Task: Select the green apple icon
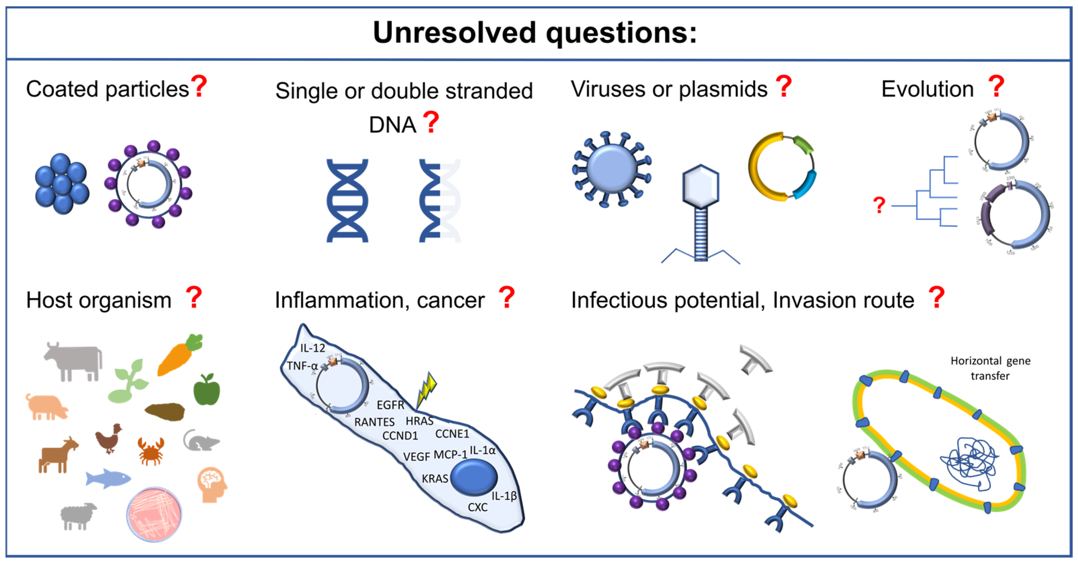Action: point(206,390)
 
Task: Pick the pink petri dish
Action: point(154,514)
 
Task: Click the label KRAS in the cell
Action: point(435,479)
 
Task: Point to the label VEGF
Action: point(417,456)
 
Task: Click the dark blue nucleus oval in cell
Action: point(474,477)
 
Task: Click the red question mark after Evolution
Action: point(996,87)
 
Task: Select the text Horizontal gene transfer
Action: point(990,368)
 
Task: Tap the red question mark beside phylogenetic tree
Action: point(879,206)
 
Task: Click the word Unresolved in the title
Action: point(454,33)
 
